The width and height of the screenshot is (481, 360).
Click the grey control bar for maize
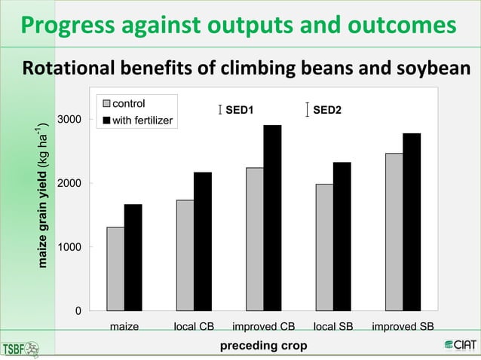[115, 269]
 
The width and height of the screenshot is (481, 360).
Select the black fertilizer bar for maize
[133, 258]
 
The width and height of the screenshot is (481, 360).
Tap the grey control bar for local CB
[185, 255]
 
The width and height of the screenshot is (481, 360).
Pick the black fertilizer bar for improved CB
[272, 218]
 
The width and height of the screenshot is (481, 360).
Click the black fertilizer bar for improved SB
[412, 221]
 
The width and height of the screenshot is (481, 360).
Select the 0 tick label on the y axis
[78, 310]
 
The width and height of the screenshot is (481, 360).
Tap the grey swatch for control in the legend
[106, 102]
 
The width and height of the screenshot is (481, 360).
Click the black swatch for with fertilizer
[106, 120]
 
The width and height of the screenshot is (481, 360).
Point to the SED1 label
[240, 111]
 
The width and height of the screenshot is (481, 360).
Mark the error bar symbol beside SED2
[307, 111]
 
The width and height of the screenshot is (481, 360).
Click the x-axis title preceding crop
[263, 346]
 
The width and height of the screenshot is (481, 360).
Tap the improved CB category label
[263, 326]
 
